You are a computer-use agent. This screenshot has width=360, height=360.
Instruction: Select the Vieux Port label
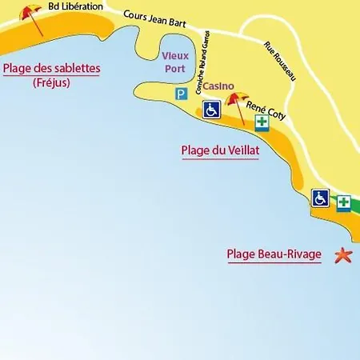[x=175, y=61]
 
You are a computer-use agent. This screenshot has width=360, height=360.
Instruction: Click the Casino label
[x=218, y=85]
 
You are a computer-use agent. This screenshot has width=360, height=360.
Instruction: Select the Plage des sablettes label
[x=52, y=69]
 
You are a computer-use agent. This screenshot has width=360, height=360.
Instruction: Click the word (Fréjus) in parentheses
[x=52, y=82]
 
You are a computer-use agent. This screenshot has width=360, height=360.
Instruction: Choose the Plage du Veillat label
[x=220, y=149]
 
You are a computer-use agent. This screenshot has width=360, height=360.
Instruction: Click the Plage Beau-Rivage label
[x=274, y=255]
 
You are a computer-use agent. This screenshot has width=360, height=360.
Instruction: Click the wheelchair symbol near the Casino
[x=211, y=110]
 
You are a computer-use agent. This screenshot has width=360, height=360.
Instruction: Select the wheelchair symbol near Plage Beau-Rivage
[x=320, y=198]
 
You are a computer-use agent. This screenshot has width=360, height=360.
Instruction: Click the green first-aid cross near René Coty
[x=262, y=122]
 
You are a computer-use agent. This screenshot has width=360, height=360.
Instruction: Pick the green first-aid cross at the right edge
[x=343, y=202]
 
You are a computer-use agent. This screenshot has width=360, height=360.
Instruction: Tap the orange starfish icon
[x=343, y=255]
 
